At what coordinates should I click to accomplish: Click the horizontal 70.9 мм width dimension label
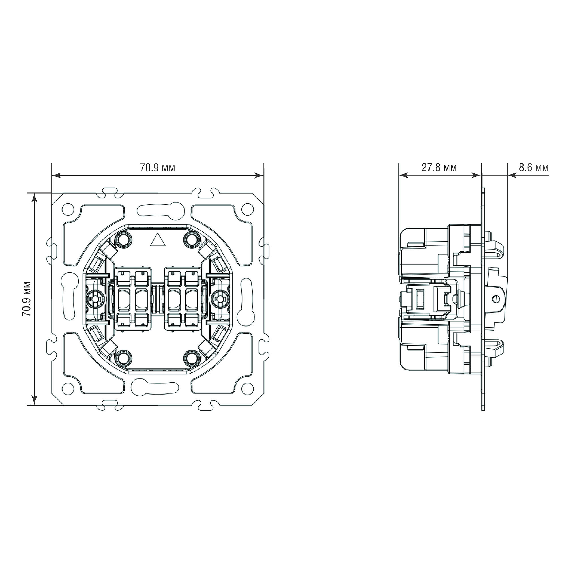[157, 168]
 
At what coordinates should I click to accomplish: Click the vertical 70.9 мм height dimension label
[27, 299]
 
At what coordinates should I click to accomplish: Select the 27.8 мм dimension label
[439, 168]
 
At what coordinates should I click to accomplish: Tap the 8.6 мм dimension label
[534, 168]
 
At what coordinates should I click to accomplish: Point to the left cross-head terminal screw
[94, 299]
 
